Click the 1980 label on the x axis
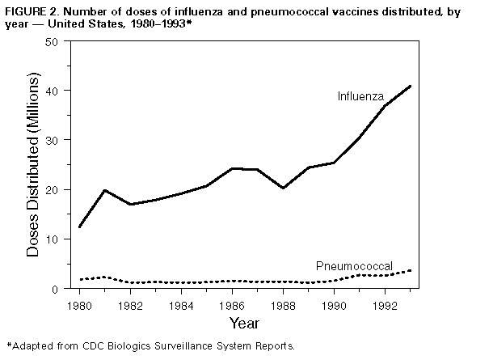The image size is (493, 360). (79, 306)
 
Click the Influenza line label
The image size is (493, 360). (360, 96)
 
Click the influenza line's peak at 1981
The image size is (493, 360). (105, 190)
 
